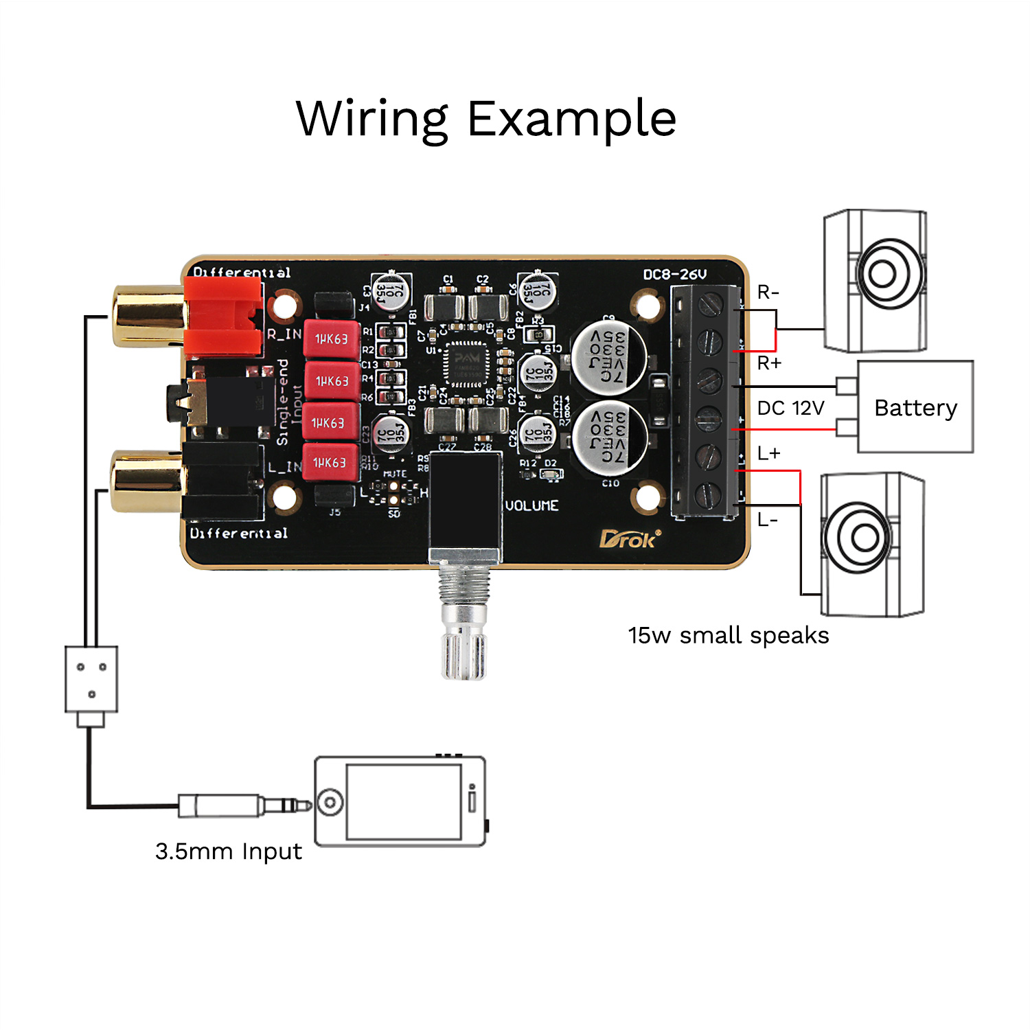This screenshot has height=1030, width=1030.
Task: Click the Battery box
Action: (915, 407)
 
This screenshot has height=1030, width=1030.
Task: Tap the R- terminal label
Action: (768, 293)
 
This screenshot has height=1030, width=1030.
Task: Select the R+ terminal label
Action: (769, 363)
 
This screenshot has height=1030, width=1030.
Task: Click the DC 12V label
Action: (790, 408)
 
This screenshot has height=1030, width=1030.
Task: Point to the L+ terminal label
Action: (768, 453)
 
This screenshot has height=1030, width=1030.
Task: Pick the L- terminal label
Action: (768, 520)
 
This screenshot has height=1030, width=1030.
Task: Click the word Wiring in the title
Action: (372, 119)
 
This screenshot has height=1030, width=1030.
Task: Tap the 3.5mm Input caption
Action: (229, 851)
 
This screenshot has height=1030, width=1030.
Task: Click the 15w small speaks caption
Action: (729, 635)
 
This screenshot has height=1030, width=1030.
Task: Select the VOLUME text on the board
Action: (532, 506)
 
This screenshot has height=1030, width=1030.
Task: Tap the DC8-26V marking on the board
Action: (674, 275)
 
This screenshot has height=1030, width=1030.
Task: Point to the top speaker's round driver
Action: (882, 274)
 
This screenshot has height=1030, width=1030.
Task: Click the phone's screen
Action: (404, 801)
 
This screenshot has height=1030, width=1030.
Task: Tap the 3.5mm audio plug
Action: (244, 805)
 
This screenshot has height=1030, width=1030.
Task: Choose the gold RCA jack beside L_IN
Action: (146, 481)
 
